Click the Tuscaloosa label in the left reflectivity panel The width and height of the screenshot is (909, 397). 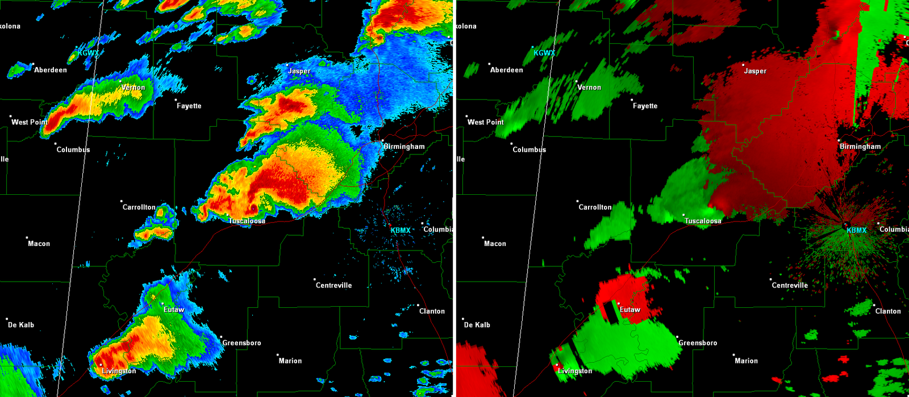(x=247, y=221)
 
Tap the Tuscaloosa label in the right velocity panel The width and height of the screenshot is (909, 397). (x=703, y=221)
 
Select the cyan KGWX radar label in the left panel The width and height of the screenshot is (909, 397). (x=88, y=53)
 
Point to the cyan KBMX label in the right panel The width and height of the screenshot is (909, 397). (x=856, y=230)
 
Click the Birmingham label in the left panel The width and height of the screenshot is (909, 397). (x=404, y=147)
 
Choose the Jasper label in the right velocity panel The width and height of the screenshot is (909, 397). (x=755, y=71)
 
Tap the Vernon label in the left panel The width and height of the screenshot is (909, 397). (x=134, y=87)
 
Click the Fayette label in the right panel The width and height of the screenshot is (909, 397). (x=645, y=106)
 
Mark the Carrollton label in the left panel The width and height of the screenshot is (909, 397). (x=139, y=207)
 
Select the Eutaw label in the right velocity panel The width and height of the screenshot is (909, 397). (x=629, y=310)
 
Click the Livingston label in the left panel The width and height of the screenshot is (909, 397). (x=119, y=371)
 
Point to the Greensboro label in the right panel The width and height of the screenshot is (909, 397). (x=698, y=343)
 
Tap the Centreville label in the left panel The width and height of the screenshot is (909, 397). (x=333, y=285)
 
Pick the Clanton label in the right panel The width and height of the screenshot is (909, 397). (x=888, y=311)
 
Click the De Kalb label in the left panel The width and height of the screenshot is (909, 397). (x=20, y=325)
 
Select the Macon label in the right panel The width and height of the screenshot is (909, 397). (x=495, y=244)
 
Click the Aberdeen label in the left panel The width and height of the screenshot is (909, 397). (x=50, y=70)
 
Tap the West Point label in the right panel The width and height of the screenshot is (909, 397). (x=485, y=122)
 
